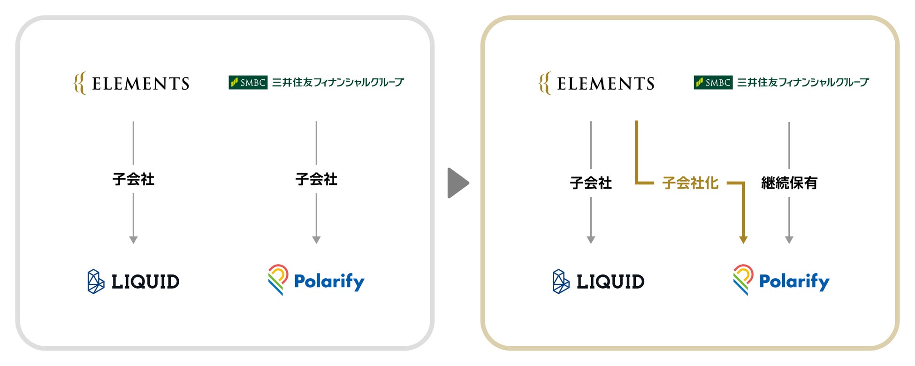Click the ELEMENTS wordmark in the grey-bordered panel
141,84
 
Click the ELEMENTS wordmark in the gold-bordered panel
606,84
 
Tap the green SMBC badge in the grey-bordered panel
248,83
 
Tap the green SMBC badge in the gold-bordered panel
713,83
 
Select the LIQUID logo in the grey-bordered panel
134,282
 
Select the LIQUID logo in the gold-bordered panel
599,282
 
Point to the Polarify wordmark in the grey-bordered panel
329,282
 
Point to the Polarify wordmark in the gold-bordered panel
794,282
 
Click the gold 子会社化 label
690,183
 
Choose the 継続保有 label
789,183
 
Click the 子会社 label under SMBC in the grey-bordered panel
316,179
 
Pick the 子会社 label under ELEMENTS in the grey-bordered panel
133,179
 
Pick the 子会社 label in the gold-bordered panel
591,183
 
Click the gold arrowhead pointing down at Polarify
743,240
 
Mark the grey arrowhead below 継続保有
789,240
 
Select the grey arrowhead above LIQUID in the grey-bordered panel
133,240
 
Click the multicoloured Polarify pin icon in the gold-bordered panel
743,279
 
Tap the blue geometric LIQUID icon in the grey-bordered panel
96,282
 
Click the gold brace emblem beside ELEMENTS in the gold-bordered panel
544,84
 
